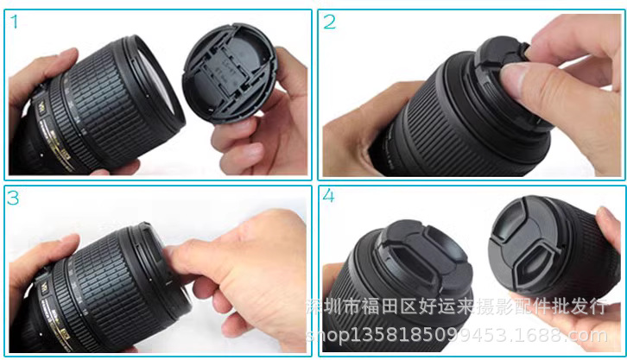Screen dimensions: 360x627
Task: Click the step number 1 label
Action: pos(14,23)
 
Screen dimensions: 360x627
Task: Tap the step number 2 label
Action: pos(329,23)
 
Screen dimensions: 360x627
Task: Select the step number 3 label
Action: pos(14,198)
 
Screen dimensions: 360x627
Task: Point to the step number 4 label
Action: pos(329,197)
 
